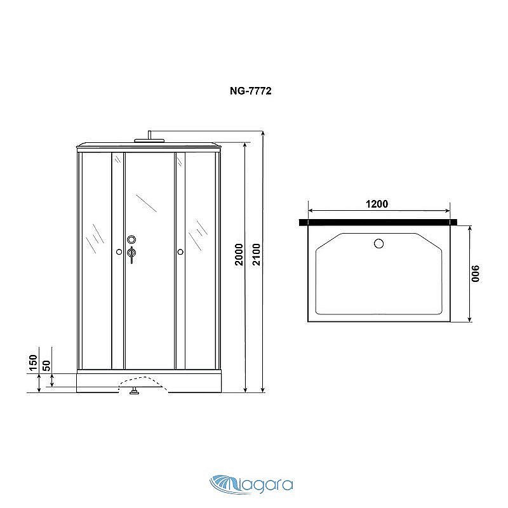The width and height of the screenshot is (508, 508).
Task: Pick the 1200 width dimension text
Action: (x=377, y=204)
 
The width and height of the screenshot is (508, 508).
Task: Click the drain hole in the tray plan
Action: (x=380, y=243)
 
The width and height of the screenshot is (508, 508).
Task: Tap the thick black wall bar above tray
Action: (x=378, y=222)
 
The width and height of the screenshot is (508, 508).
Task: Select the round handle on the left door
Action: (x=119, y=252)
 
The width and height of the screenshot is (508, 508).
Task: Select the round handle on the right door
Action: (x=180, y=252)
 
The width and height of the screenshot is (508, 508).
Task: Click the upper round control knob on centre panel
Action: (x=131, y=239)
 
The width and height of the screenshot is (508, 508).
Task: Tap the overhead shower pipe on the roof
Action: (x=148, y=137)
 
